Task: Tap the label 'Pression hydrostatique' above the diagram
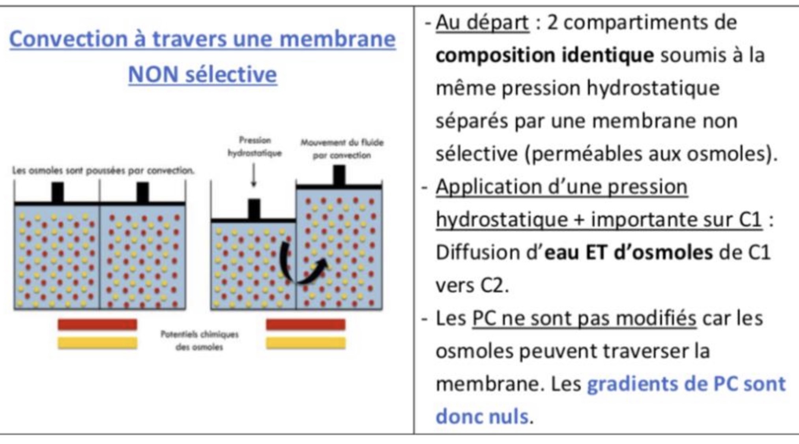254,147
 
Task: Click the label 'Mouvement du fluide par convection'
342,149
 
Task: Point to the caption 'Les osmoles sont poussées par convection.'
103,171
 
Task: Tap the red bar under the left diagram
97,325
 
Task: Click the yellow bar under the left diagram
97,343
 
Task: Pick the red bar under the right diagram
305,325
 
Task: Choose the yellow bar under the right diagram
305,343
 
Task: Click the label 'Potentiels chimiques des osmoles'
199,340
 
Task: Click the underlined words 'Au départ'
482,22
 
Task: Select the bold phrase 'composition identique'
545,55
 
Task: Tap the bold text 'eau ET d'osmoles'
628,252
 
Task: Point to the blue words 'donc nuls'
482,416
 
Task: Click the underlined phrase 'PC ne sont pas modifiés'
584,318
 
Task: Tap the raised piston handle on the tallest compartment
339,175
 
